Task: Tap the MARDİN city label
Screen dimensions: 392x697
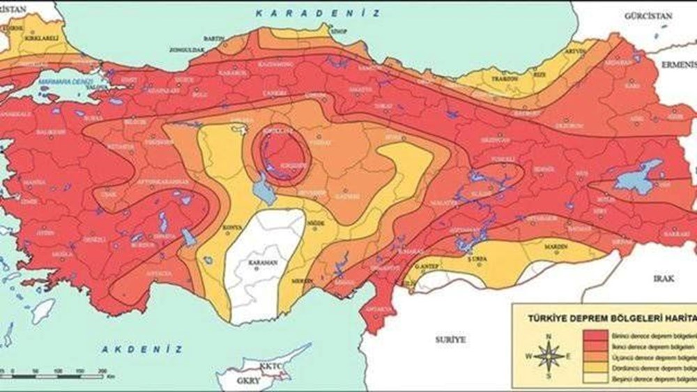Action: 557,246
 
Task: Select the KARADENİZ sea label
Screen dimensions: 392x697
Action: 317,13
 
